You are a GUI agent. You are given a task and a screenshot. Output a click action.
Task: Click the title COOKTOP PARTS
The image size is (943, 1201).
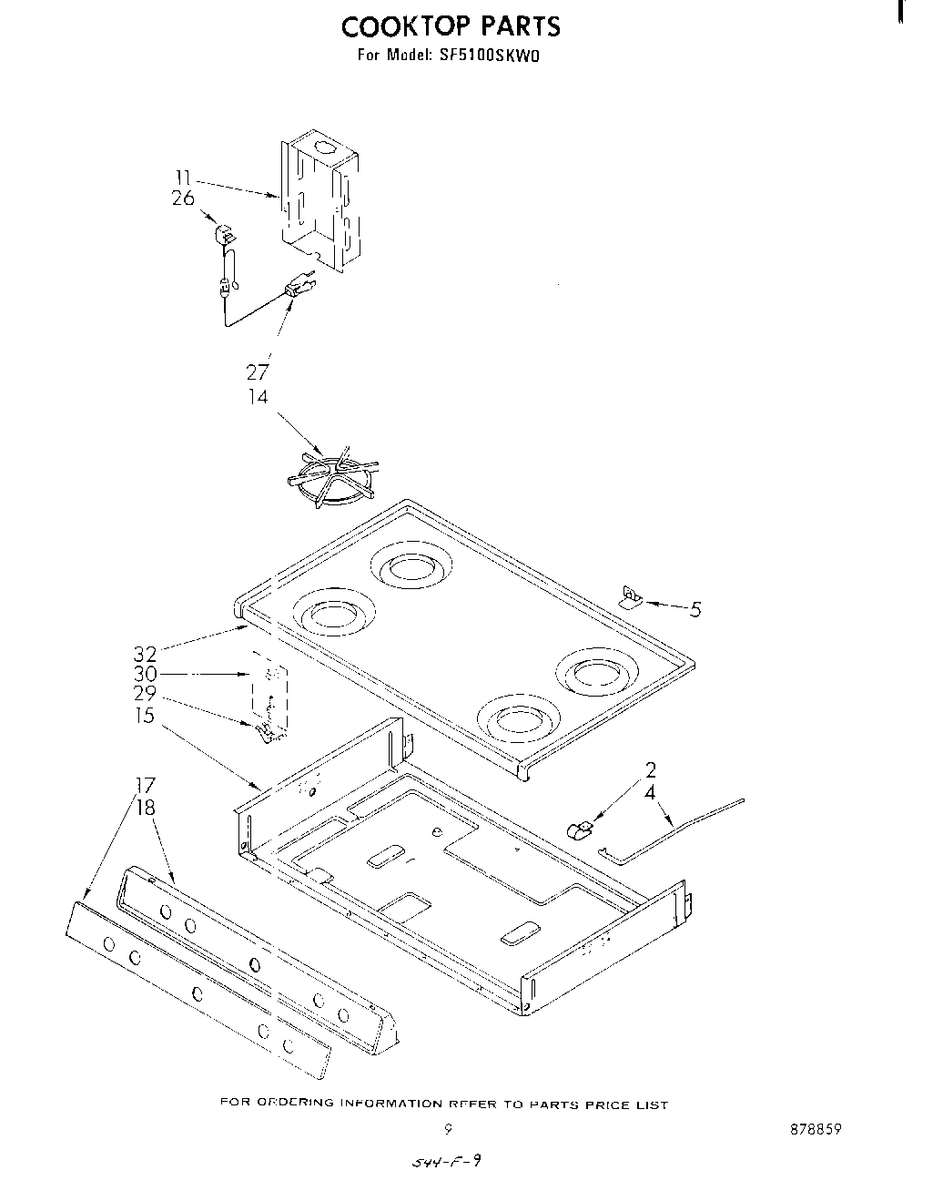tap(451, 26)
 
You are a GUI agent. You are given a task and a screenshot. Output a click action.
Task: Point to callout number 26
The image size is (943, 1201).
tap(182, 198)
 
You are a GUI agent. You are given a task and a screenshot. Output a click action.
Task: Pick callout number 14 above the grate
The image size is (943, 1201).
tap(259, 397)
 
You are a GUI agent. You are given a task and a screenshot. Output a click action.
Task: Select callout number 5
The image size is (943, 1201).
tap(695, 610)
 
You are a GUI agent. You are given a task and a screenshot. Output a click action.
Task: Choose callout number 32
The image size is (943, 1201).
tap(145, 654)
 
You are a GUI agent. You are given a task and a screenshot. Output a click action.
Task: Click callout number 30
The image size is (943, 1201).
tap(145, 674)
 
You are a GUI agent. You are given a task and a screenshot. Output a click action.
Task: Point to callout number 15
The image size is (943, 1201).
tap(145, 716)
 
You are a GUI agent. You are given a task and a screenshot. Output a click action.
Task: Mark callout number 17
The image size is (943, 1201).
tap(145, 786)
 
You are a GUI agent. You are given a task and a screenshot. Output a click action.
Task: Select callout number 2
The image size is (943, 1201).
tap(651, 770)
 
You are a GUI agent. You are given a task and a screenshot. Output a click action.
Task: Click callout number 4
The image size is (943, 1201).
tap(651, 792)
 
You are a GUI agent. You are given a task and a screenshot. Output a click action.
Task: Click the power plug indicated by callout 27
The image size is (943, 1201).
tap(298, 290)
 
